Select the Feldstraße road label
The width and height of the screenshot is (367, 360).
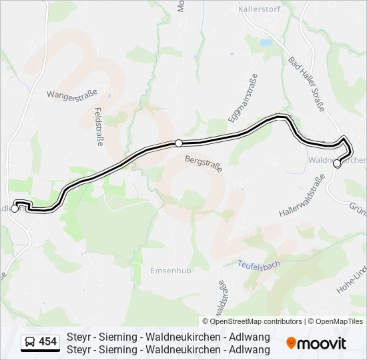pos(98,127)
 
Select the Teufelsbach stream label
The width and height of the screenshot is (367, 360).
pos(260,264)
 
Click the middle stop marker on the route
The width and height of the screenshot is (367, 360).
pos(179,143)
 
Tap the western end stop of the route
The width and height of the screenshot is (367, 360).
pos(15,209)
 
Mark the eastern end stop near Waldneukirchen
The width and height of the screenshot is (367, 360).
pos(337,164)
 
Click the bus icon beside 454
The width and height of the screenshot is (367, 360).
pos(30,343)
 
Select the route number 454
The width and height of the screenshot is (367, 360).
pos(48,343)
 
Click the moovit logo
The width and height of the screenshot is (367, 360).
pos(316,343)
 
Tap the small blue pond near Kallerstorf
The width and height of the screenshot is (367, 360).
pos(266,42)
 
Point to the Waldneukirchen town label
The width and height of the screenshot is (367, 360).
pos(337,160)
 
